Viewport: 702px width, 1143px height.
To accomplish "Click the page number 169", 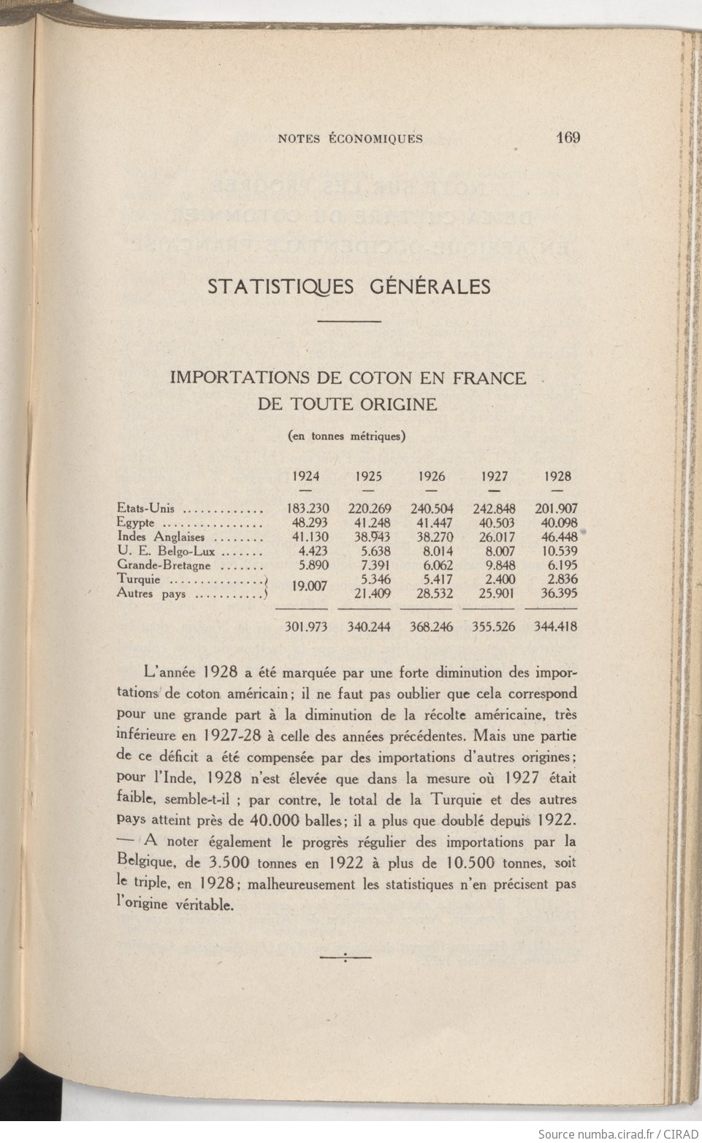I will point(567,138).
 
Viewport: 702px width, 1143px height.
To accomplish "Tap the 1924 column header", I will point(305,477).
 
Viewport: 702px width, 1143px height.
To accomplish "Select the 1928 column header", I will point(557,477).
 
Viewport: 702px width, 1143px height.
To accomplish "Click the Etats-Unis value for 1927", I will point(495,509).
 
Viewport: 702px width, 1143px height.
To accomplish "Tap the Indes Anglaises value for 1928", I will point(557,536).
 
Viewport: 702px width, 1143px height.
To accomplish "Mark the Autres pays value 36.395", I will point(557,593).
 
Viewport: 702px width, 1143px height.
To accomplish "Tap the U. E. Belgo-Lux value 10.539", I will point(557,550).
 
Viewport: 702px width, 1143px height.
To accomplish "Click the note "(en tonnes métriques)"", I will point(347,436).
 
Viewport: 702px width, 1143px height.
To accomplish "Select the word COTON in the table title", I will point(379,378).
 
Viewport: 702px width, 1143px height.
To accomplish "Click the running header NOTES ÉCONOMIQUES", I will point(350,139).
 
